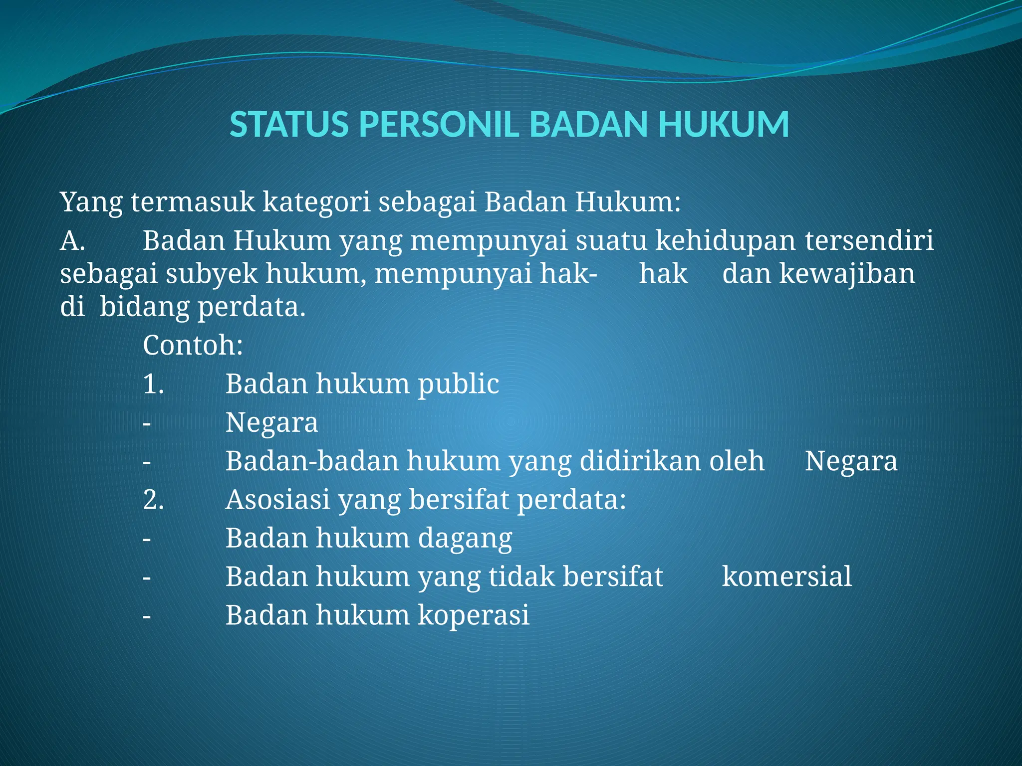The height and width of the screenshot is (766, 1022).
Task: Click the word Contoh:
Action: [193, 345]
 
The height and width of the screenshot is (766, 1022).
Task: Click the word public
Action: [458, 384]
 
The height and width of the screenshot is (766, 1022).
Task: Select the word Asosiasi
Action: [277, 500]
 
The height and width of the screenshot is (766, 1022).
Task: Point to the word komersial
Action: [787, 577]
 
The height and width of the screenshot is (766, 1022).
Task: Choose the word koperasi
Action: [473, 615]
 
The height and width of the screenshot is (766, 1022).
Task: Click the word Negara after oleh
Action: [851, 461]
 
